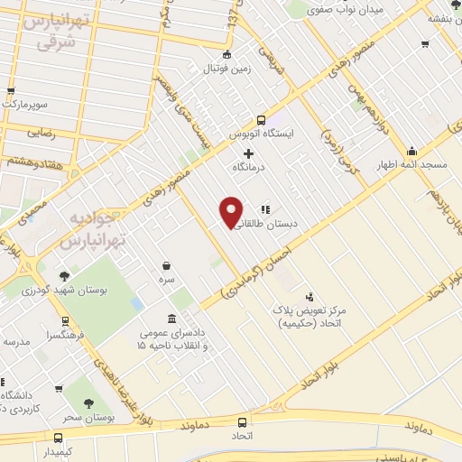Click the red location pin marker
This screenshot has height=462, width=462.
click(x=231, y=211)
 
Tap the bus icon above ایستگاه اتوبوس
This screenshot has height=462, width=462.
click(x=261, y=120)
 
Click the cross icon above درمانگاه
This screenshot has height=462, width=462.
click(x=248, y=153)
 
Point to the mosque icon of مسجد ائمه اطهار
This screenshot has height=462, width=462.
click(x=411, y=151)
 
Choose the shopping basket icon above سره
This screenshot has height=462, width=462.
click(x=167, y=265)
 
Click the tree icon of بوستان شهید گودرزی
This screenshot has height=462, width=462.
click(x=64, y=276)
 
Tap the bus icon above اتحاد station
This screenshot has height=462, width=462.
click(x=241, y=421)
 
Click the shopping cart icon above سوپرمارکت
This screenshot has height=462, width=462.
click(x=11, y=91)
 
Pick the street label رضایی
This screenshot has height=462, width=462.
click(x=41, y=132)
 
